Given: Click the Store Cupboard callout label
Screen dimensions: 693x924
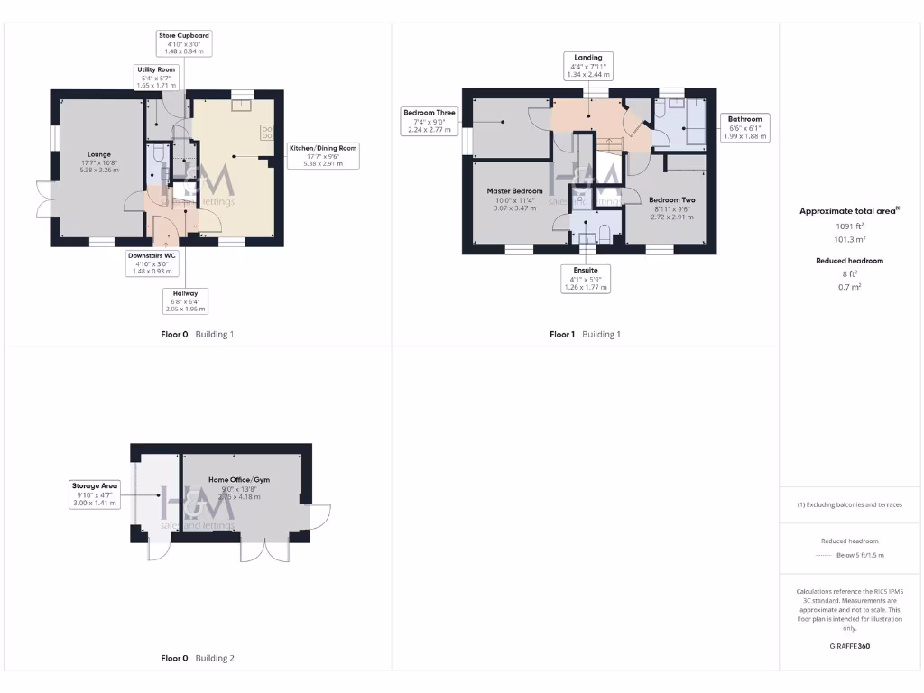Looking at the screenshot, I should pyautogui.click(x=184, y=43).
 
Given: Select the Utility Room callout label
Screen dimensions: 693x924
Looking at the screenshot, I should pyautogui.click(x=156, y=77).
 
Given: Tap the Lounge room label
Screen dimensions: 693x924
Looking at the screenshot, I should pyautogui.click(x=99, y=162).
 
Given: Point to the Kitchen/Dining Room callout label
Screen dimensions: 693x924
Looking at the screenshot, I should pyautogui.click(x=323, y=155).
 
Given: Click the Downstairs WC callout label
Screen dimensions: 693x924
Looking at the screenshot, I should pyautogui.click(x=152, y=263).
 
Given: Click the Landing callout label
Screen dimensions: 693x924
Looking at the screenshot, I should pyautogui.click(x=588, y=66).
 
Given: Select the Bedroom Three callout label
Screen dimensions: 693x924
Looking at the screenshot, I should pyautogui.click(x=430, y=121).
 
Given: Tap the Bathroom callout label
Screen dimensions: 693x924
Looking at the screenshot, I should pyautogui.click(x=744, y=127).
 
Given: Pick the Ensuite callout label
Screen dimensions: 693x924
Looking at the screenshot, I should pyautogui.click(x=586, y=278).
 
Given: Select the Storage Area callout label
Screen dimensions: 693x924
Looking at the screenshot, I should pyautogui.click(x=95, y=494).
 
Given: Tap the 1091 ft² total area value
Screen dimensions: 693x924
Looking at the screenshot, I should pyautogui.click(x=848, y=226).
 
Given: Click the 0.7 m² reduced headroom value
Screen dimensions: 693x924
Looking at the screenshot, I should pyautogui.click(x=848, y=286).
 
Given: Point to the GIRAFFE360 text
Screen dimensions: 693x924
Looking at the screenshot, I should pyautogui.click(x=849, y=646).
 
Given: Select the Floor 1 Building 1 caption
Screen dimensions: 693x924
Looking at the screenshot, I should pyautogui.click(x=585, y=335).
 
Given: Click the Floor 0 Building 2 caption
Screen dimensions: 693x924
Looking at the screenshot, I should pyautogui.click(x=197, y=659).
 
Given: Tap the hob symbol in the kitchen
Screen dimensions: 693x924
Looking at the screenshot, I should pyautogui.click(x=267, y=133).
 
